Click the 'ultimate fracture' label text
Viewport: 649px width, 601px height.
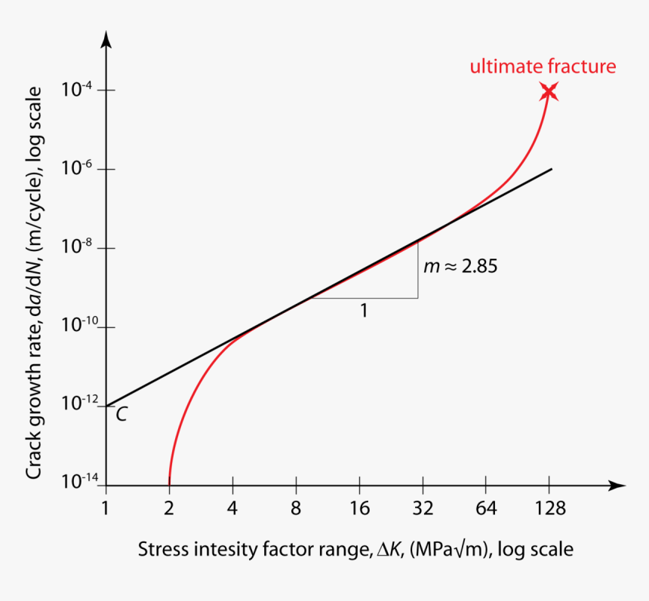pos(543,66)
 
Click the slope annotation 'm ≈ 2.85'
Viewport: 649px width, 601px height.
pos(460,266)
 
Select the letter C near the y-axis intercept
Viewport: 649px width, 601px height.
pos(120,413)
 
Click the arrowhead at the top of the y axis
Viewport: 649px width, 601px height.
pos(106,37)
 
